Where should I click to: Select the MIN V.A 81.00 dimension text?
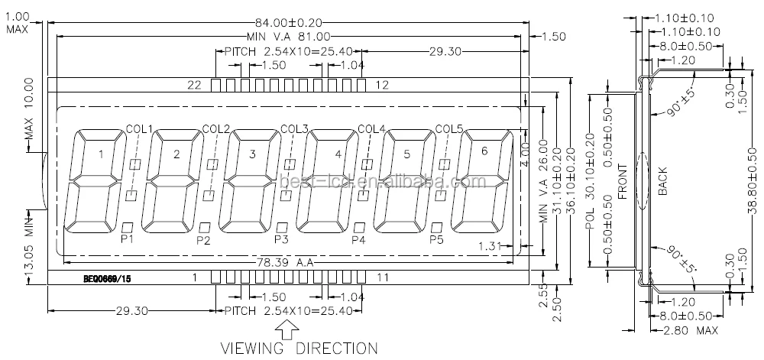(288, 36)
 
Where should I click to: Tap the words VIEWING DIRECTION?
(299, 348)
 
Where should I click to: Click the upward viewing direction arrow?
(288, 329)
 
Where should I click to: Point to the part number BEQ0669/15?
(108, 279)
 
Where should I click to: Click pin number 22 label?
(194, 84)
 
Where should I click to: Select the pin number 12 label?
(383, 84)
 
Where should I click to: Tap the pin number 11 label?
(383, 277)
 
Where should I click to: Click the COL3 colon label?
(294, 128)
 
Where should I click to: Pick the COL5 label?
(449, 128)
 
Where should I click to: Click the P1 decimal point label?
(127, 239)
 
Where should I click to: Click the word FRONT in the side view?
(622, 182)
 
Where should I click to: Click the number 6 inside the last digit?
(483, 151)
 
